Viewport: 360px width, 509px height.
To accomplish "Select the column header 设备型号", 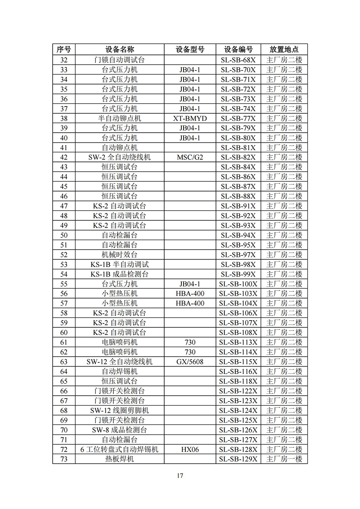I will [x=190, y=49].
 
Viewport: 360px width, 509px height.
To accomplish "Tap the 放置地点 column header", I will [x=284, y=49].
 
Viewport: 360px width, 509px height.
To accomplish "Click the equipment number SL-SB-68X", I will [x=238, y=60].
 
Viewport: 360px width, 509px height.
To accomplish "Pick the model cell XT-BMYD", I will [x=190, y=118].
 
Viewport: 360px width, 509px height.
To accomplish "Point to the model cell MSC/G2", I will [x=190, y=157].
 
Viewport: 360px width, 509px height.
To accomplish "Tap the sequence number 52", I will [x=63, y=254].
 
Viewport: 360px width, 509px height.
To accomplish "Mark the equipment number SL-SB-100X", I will [x=238, y=284].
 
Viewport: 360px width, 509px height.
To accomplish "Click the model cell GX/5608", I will [x=190, y=362].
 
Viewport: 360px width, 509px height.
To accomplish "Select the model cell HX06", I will [x=190, y=449].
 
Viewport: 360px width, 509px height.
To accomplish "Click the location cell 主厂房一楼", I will [x=284, y=459].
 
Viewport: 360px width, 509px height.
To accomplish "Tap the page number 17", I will [x=180, y=476].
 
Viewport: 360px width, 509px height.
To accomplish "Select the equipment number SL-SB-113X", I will [x=238, y=342].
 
